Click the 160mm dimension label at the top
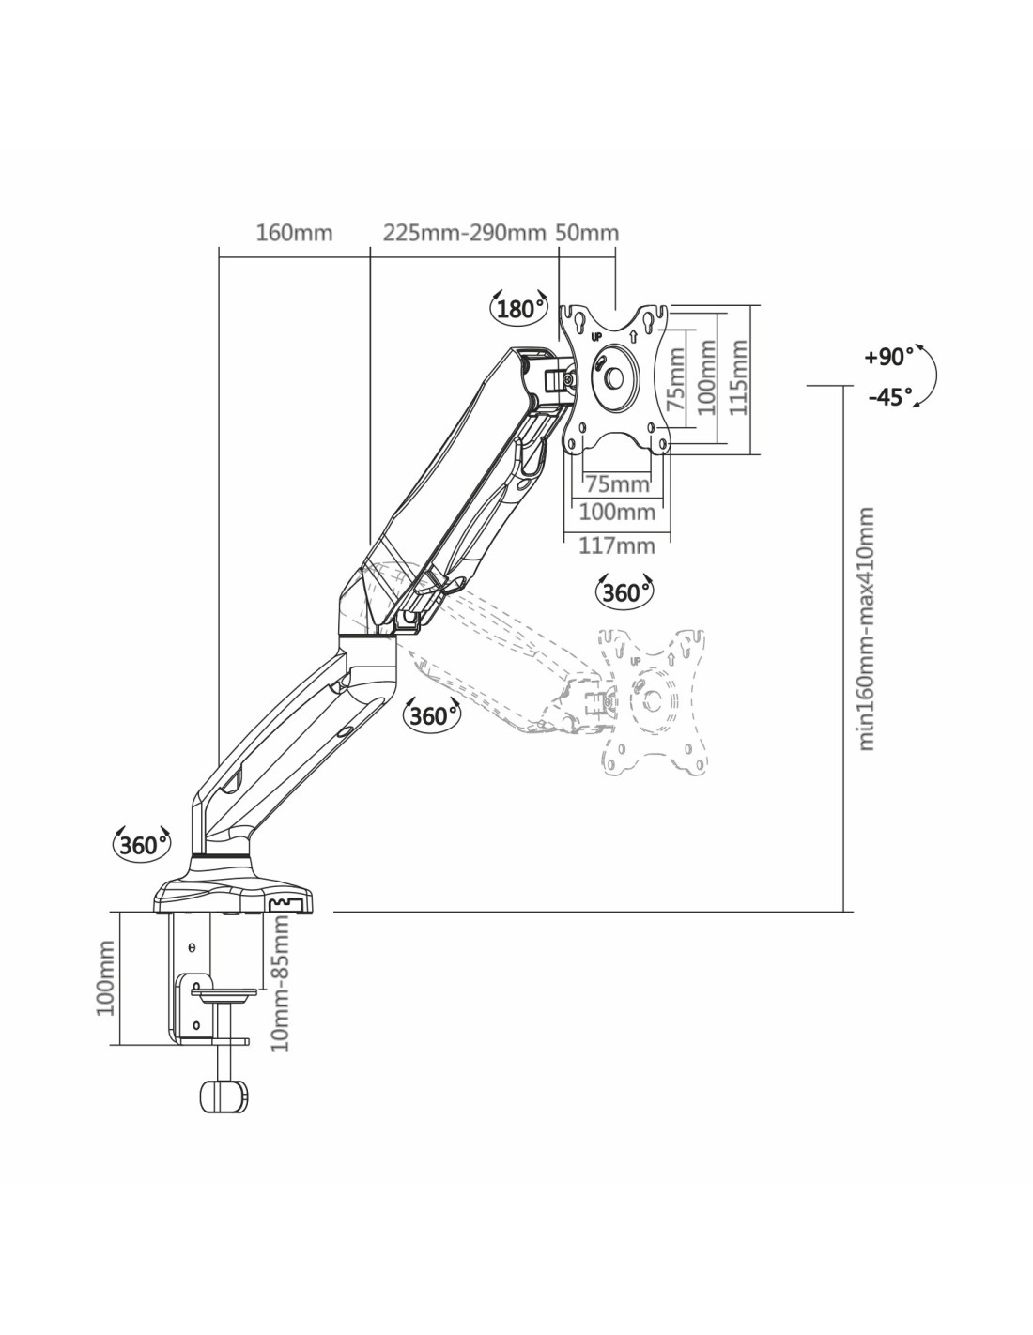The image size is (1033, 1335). point(294,232)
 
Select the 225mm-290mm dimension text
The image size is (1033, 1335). point(464,232)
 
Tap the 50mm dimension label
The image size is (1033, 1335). point(587,232)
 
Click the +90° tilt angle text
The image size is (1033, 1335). point(888,357)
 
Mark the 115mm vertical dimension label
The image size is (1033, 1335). point(740,378)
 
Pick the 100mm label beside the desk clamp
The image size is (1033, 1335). point(105,979)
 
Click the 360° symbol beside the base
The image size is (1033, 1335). point(142,844)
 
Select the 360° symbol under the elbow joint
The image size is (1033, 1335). point(431,715)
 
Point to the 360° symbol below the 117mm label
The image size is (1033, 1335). point(624,592)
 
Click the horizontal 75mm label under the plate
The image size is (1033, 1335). point(617,484)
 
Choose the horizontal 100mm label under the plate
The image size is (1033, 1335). point(617,513)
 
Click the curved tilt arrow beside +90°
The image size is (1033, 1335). point(929,376)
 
